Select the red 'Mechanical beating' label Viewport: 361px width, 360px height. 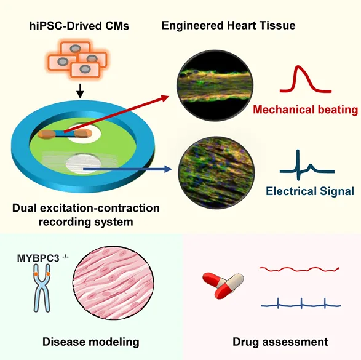[x=305, y=110]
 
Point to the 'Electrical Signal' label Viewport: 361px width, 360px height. [x=310, y=191]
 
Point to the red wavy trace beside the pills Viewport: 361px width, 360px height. [x=299, y=269]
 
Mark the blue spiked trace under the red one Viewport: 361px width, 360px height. [x=299, y=303]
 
